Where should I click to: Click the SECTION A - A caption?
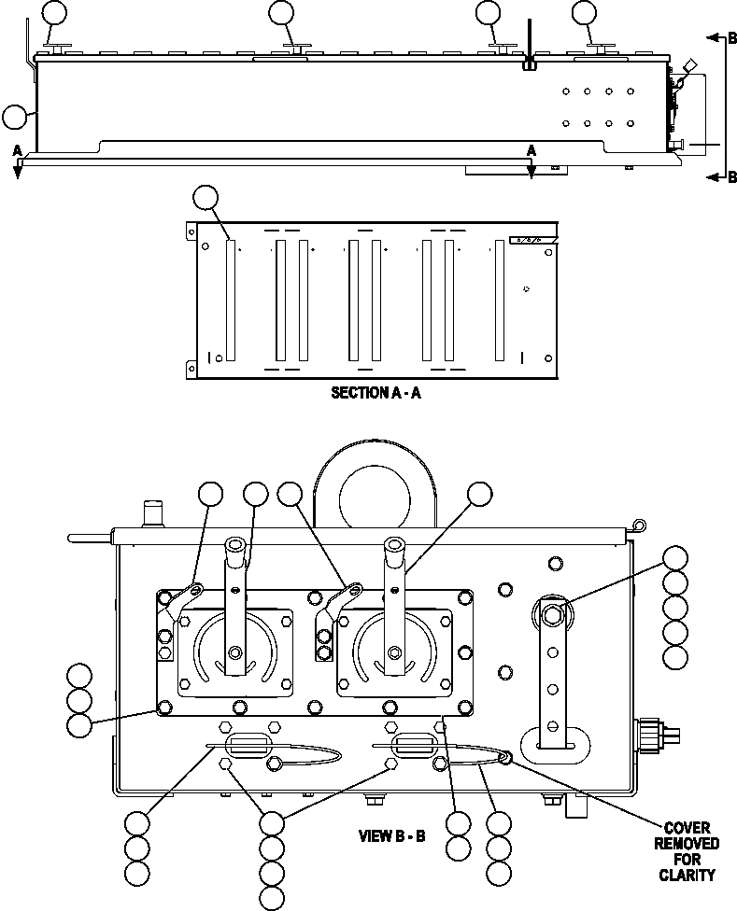[376, 393]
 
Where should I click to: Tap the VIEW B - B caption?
[392, 835]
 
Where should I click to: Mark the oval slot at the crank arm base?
[554, 746]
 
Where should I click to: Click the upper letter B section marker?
[731, 38]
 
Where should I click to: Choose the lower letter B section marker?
[731, 177]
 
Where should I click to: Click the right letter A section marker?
[531, 149]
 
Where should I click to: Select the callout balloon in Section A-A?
[205, 198]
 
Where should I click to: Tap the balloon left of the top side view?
[15, 117]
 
